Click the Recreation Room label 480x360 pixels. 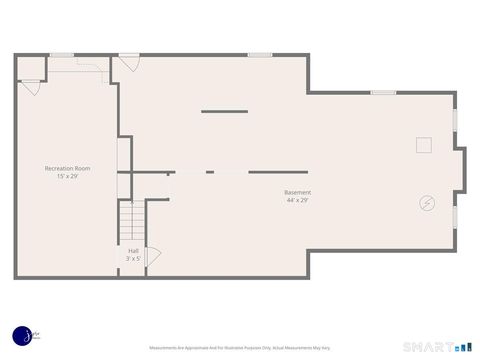pos(67,168)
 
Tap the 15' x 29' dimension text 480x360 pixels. pos(67,176)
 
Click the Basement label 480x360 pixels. pos(297,192)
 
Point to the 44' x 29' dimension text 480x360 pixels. pos(297,200)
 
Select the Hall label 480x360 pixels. pos(133,250)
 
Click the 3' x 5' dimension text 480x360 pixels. pos(133,258)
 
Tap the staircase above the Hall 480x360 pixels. pos(132,220)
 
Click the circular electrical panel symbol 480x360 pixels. pos(427,203)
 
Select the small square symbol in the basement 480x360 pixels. pos(424,145)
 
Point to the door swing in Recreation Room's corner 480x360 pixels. pos(31,88)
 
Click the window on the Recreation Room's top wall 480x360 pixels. pos(62,55)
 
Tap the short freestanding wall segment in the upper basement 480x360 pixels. pos(224,111)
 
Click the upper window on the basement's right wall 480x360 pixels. pos(455,119)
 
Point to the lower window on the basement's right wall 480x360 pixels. pos(455,215)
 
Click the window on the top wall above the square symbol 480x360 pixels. pos(384,93)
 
